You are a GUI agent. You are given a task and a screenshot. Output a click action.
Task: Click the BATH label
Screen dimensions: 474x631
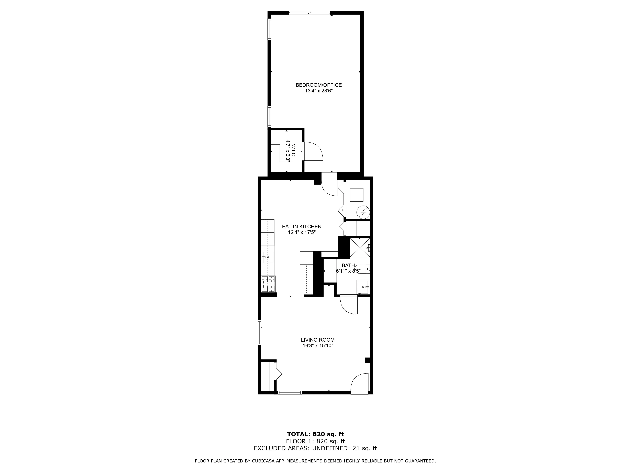click(x=348, y=265)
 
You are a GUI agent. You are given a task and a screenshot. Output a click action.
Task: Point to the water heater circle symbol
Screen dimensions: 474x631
click(x=363, y=212)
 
